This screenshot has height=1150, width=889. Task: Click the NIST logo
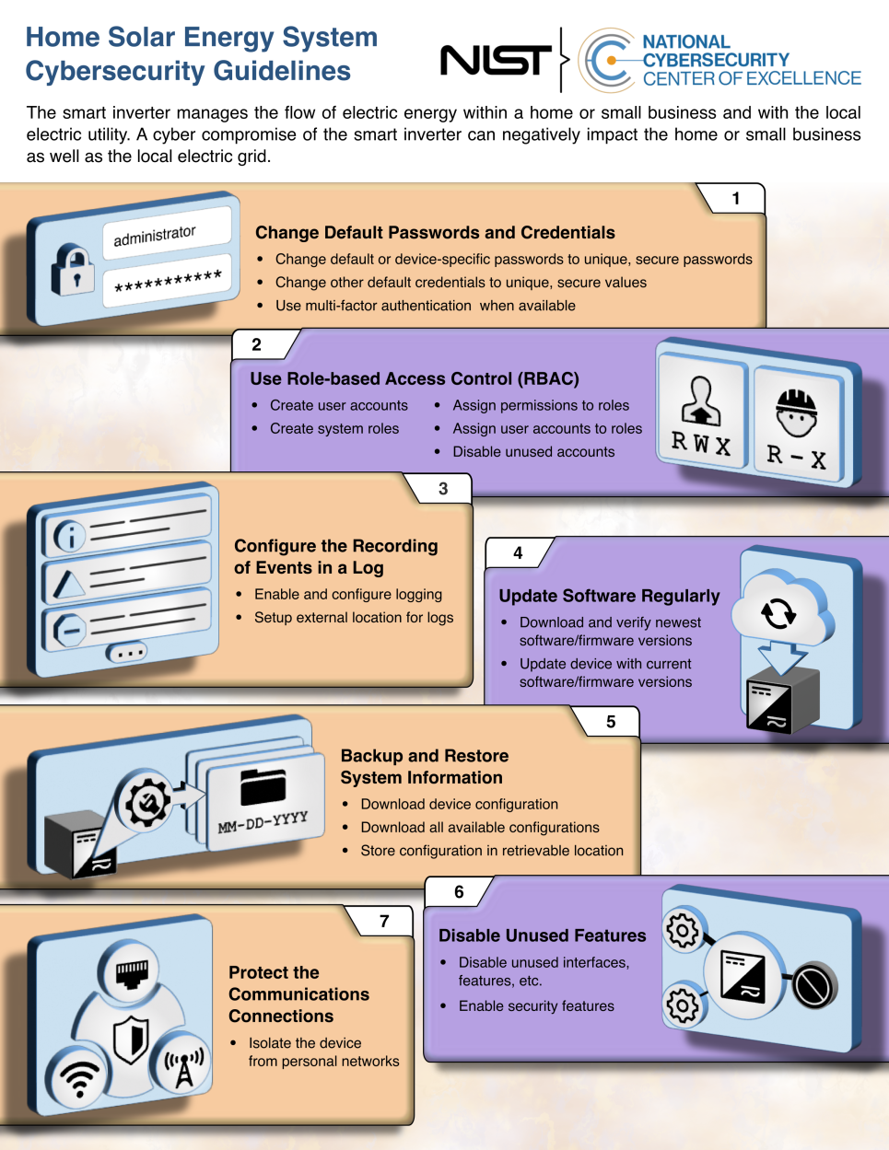tap(495, 61)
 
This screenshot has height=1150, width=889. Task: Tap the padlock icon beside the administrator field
tap(73, 270)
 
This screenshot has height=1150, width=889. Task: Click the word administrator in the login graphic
tap(155, 236)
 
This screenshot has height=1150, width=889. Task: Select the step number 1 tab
tap(735, 198)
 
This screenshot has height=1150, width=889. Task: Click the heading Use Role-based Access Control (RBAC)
tap(415, 378)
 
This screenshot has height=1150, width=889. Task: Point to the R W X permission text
tap(701, 444)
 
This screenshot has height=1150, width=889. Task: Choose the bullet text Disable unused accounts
tap(533, 452)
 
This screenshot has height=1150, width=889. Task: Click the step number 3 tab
tap(443, 489)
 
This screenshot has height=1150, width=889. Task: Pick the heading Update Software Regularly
tap(609, 596)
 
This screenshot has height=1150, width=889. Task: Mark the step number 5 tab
tap(611, 722)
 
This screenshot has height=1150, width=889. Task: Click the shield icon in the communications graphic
tap(132, 1038)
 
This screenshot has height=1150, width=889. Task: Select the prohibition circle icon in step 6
tap(813, 986)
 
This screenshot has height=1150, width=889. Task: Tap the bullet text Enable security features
tap(536, 1006)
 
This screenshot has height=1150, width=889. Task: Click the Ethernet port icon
tap(132, 971)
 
